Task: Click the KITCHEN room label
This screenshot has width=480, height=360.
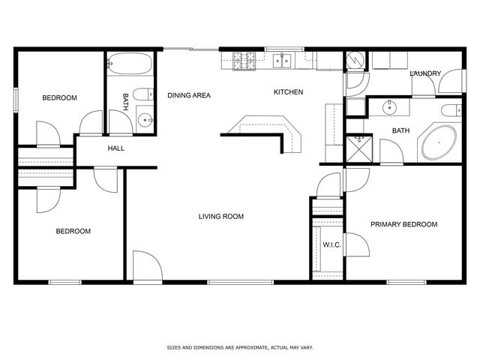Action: click(288, 92)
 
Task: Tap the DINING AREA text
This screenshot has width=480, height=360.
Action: click(188, 95)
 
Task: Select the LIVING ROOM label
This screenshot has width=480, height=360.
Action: click(221, 217)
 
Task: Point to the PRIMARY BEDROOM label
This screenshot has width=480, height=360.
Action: click(404, 224)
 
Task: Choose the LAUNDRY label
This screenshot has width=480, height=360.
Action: click(424, 73)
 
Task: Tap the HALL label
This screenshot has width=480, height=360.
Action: click(115, 148)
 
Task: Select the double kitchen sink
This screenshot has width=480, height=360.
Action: click(283, 61)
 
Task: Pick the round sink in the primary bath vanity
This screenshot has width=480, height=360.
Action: click(390, 107)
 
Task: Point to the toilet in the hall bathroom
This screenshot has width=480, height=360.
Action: click(145, 118)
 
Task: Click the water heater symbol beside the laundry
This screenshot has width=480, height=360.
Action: click(355, 61)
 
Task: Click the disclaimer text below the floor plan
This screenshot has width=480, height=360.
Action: click(239, 348)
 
